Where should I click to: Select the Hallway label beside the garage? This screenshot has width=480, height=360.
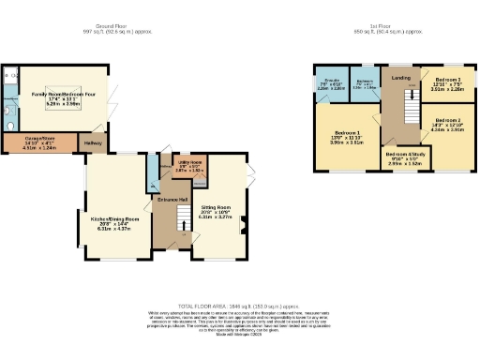[93, 142]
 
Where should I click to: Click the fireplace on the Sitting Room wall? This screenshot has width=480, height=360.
[244, 223]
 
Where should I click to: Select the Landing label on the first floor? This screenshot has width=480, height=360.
[400, 77]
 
